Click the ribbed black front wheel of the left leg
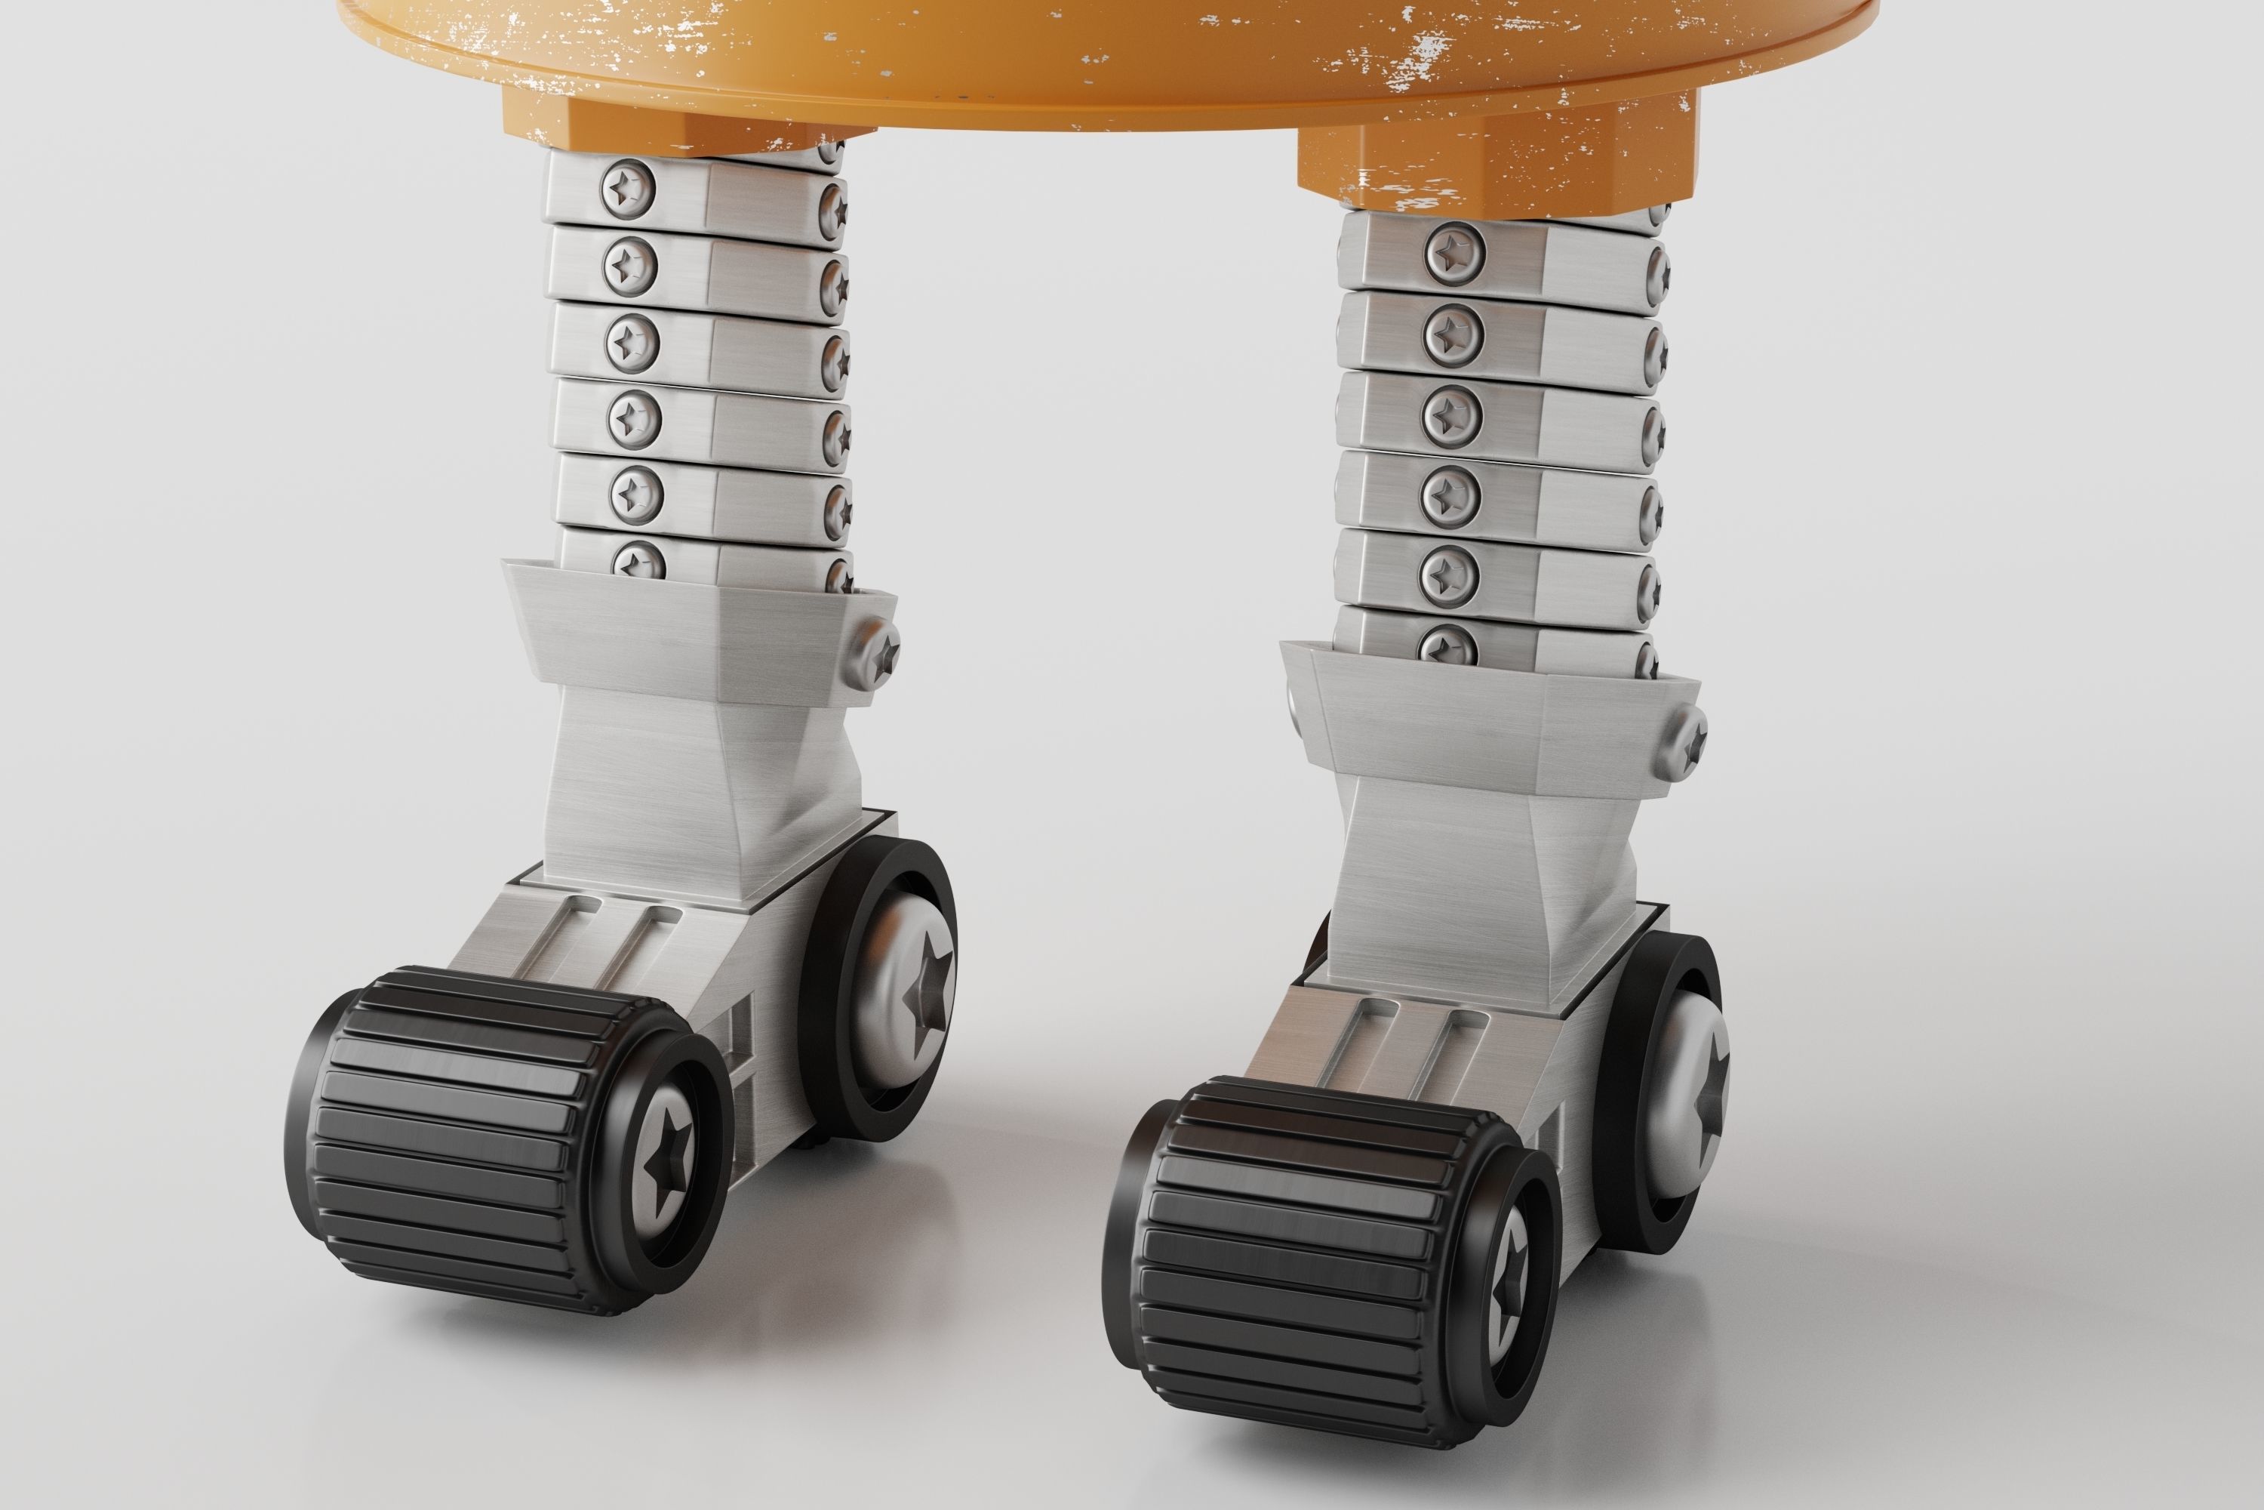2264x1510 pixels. (x=452, y=1136)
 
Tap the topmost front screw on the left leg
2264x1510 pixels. (x=628, y=190)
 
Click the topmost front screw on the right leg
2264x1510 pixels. (x=1453, y=252)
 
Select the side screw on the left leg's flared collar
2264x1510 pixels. (x=876, y=655)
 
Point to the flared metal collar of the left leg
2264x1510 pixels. (x=693, y=626)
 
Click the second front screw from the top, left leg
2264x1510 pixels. (x=630, y=263)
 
